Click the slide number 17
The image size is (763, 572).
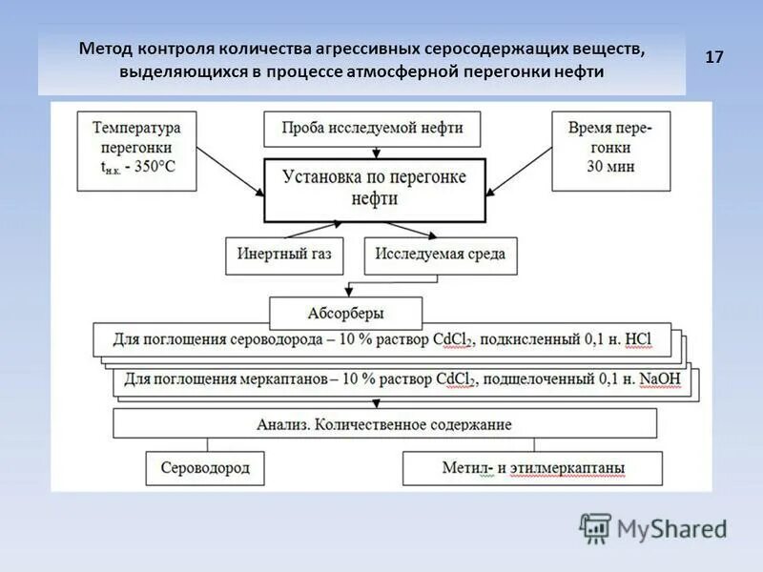tap(714, 58)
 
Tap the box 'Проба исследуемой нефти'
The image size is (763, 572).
tap(371, 129)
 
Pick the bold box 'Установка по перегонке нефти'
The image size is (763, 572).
tap(374, 189)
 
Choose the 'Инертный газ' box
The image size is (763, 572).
tap(283, 255)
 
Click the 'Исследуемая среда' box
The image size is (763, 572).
tap(440, 255)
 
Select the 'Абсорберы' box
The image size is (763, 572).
tap(332, 313)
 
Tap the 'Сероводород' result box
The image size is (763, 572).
tap(204, 468)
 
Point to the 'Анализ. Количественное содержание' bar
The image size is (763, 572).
tap(384, 423)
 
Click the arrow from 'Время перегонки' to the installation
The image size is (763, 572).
tap(521, 174)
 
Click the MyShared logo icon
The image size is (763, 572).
tap(595, 527)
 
